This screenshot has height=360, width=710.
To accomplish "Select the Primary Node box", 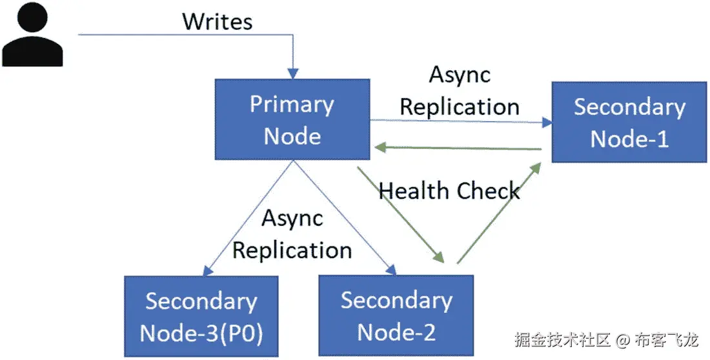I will click(292, 119).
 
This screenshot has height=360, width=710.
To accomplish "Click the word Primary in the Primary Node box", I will click(292, 105).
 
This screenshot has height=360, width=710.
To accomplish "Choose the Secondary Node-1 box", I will click(629, 122).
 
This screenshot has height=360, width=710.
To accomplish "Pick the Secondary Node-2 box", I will click(396, 315).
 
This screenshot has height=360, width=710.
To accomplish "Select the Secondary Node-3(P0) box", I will click(201, 316).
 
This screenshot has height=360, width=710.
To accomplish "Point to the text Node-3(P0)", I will click(201, 333).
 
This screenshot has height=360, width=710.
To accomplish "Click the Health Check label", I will click(449, 191).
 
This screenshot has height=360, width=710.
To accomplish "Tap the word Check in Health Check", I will click(488, 191).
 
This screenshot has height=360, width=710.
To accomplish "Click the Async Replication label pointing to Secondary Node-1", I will click(460, 90).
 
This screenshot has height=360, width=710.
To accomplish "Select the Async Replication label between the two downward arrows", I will click(292, 234).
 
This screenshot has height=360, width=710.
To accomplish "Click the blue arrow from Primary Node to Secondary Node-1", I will click(458, 121).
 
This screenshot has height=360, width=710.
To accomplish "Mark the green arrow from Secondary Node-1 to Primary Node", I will click(458, 148).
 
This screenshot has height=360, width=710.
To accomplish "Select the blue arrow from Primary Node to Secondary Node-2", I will click(342, 215).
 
